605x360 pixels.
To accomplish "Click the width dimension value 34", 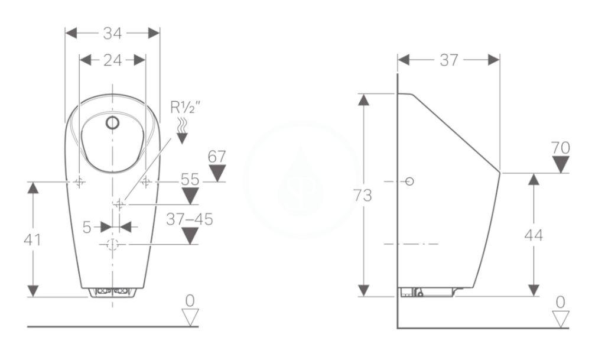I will [x=112, y=33].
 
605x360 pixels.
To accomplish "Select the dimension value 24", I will [x=112, y=60].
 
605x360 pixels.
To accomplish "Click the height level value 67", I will [x=217, y=157].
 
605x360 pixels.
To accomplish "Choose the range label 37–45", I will [x=189, y=220].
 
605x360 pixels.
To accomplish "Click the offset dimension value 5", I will [x=87, y=227].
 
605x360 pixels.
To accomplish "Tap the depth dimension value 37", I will [x=448, y=60].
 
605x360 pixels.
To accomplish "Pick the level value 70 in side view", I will [x=560, y=148].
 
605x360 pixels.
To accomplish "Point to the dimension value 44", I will [x=534, y=235].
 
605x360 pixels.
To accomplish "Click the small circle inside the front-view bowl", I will [x=112, y=123].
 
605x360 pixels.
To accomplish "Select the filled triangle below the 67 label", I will [x=217, y=173].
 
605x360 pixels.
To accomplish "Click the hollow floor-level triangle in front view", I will [x=189, y=317].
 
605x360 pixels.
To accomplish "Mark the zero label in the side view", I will [x=560, y=303].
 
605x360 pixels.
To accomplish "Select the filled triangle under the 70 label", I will [x=560, y=164].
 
